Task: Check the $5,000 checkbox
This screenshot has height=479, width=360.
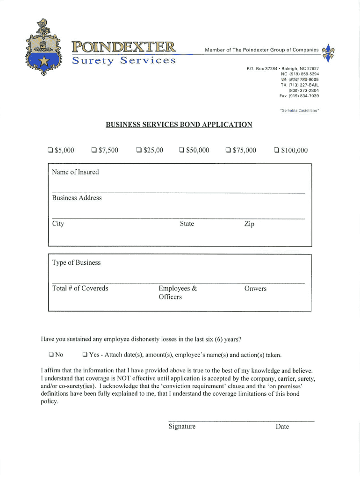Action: pyautogui.click(x=50, y=151)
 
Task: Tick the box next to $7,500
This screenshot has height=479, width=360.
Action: pyautogui.click(x=94, y=151)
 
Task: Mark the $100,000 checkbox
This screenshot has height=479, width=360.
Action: pyautogui.click(x=276, y=151)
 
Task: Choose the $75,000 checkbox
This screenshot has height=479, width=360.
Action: pyautogui.click(x=228, y=151)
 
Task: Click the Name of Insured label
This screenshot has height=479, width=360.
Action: pyautogui.click(x=75, y=172)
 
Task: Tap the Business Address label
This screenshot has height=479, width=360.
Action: pyautogui.click(x=77, y=198)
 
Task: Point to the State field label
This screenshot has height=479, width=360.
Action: pyautogui.click(x=187, y=224)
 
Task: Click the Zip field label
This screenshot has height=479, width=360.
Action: pyautogui.click(x=249, y=224)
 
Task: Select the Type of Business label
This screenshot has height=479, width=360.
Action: pyautogui.click(x=76, y=263)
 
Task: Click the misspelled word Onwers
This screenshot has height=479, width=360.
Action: pyautogui.click(x=255, y=289)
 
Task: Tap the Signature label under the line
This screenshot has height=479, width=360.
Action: pyautogui.click(x=182, y=427)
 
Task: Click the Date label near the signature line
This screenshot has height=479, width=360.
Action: pyautogui.click(x=282, y=427)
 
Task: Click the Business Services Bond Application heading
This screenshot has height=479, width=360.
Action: pyautogui.click(x=179, y=125)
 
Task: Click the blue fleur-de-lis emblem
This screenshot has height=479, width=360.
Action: pyautogui.click(x=330, y=52)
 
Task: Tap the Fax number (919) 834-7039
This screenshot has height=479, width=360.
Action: pyautogui.click(x=299, y=96)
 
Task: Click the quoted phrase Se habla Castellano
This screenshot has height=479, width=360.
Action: pyautogui.click(x=299, y=111)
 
